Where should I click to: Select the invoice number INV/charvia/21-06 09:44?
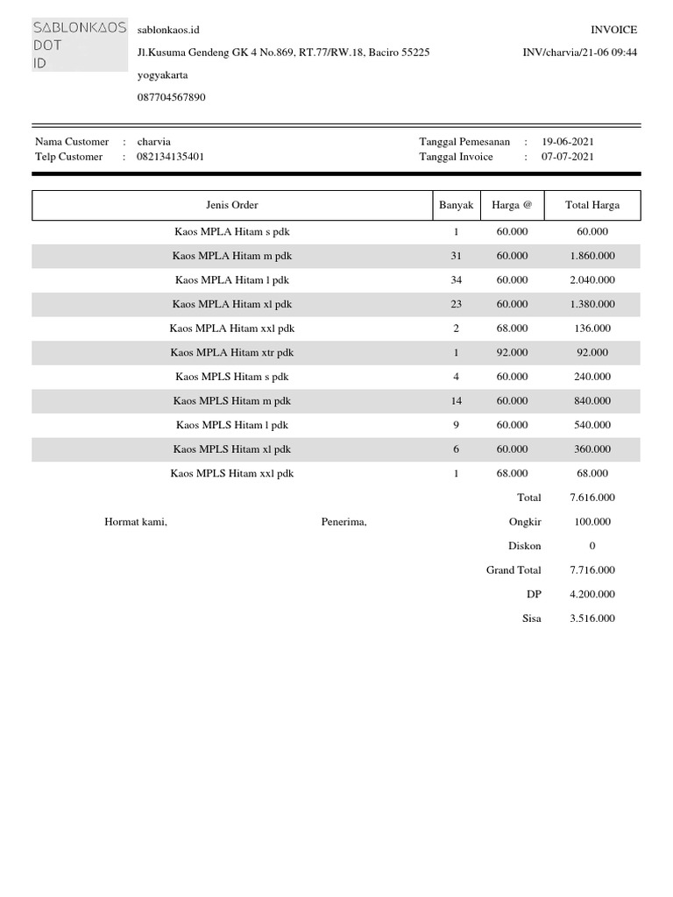(x=579, y=53)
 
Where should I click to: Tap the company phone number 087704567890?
(x=172, y=98)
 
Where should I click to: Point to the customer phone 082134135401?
(x=171, y=157)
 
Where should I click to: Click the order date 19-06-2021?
(x=568, y=141)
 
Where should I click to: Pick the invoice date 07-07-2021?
(x=568, y=157)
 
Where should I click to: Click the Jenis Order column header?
(x=232, y=205)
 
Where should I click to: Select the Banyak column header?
(x=456, y=205)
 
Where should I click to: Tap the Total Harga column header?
(x=592, y=205)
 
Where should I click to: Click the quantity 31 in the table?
(x=456, y=256)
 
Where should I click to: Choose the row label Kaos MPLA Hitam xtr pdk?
(x=232, y=352)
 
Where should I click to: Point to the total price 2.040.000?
(x=592, y=280)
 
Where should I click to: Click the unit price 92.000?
(x=512, y=352)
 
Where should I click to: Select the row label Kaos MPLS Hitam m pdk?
(x=232, y=401)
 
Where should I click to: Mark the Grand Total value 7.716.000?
(x=592, y=570)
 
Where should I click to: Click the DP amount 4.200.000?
(x=592, y=594)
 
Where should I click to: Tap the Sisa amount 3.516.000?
(x=592, y=618)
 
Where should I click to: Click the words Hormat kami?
(x=136, y=522)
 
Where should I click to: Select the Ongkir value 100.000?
(x=592, y=522)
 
